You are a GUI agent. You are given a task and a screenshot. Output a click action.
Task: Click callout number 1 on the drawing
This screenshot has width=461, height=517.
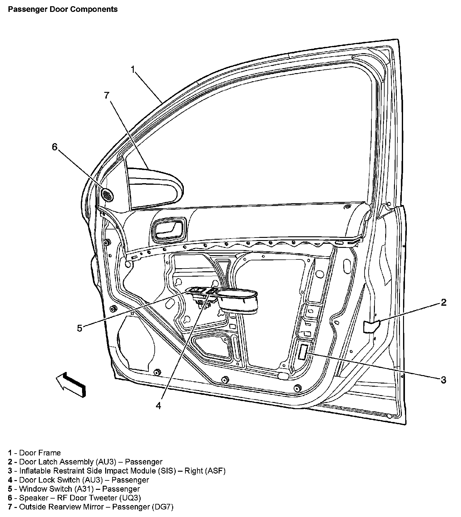click(x=133, y=69)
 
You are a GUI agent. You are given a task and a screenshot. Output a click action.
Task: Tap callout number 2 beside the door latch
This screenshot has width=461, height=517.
click(x=443, y=302)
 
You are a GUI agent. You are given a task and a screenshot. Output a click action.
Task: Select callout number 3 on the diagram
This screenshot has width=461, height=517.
click(x=443, y=380)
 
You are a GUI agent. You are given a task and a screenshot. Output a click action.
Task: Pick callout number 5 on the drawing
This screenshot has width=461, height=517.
click(x=80, y=328)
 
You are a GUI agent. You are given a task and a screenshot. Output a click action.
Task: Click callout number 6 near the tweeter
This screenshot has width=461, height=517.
click(x=55, y=147)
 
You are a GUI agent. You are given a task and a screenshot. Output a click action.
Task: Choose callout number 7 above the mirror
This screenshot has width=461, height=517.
click(x=107, y=95)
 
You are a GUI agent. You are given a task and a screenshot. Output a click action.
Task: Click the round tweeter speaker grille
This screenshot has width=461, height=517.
click(x=107, y=195)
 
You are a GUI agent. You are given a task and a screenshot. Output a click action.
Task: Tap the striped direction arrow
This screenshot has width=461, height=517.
click(x=71, y=384)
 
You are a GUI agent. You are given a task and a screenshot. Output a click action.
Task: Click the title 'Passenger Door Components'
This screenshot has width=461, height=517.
click(x=63, y=9)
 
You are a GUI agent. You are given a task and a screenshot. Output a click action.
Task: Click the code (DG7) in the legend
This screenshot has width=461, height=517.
click(x=163, y=507)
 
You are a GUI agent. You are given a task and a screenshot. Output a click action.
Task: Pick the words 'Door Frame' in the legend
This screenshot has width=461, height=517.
click(x=40, y=453)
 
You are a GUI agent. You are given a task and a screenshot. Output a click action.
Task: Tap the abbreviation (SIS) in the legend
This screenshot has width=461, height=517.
click(x=166, y=470)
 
